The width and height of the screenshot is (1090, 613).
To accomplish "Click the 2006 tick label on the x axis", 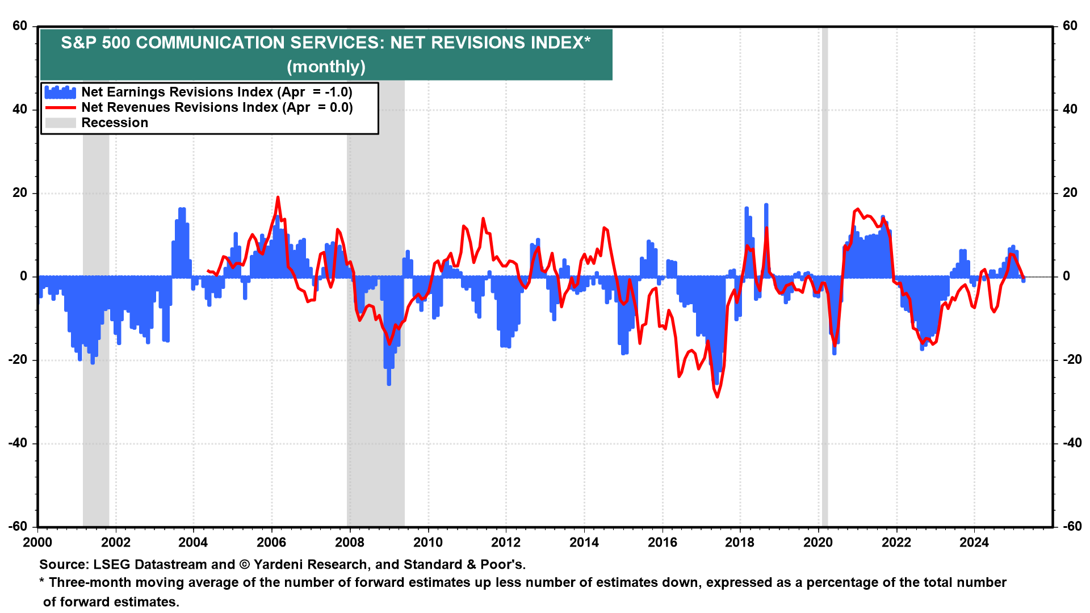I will coord(271,542).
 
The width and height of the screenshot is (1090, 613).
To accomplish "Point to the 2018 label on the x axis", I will coord(740,542).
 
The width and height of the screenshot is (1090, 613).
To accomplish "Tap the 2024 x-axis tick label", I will coord(974,542).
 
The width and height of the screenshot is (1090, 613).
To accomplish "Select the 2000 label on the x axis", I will coord(37,542).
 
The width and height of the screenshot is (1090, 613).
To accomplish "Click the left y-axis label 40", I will coord(20,110).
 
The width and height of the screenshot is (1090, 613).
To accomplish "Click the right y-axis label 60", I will coord(1070,26).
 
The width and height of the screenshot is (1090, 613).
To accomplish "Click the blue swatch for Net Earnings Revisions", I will coord(60,92).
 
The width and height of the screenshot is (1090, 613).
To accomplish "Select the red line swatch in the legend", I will coord(60,107).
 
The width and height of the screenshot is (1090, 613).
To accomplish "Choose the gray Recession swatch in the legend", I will coord(60,123).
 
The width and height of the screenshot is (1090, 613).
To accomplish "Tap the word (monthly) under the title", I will coord(326,67).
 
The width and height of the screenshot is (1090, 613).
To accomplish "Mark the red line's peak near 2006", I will coord(278,198).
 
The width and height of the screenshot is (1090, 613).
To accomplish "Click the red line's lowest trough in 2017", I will coord(717,396).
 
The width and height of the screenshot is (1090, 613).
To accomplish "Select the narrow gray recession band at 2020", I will coord(824,284).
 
